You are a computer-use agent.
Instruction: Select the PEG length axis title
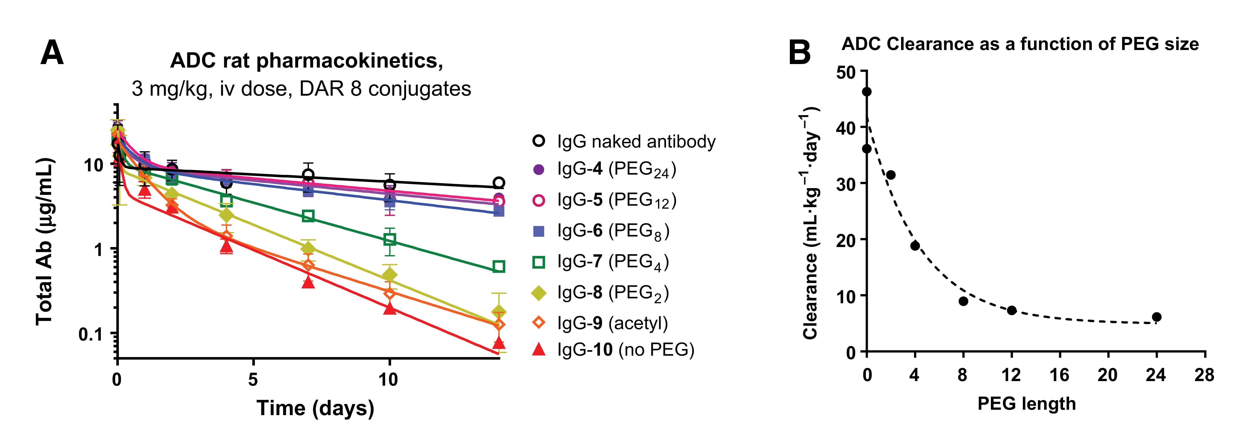pyautogui.click(x=1026, y=404)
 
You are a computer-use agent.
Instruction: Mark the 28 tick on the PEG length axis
pyautogui.click(x=1204, y=375)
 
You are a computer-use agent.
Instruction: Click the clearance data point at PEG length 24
pyautogui.click(x=1156, y=317)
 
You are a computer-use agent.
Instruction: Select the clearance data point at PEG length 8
pyautogui.click(x=963, y=301)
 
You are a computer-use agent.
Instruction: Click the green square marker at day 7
pyautogui.click(x=308, y=216)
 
